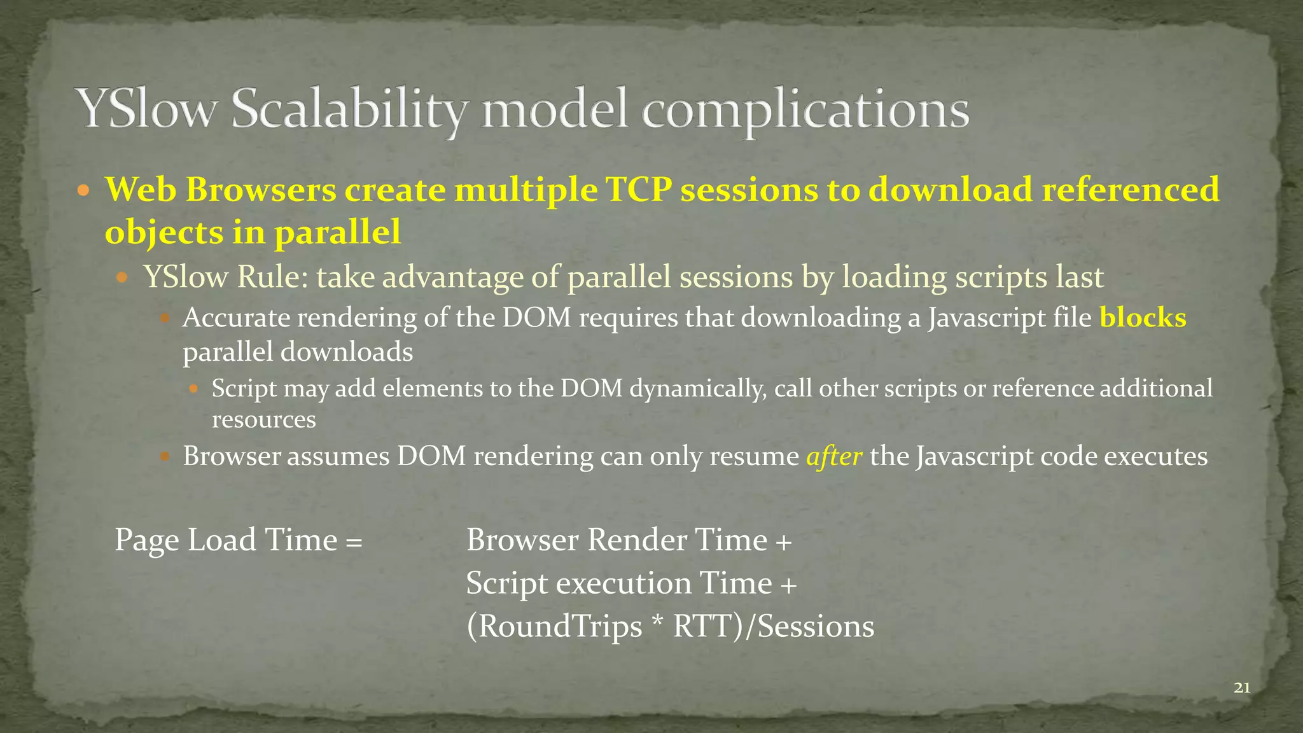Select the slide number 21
tap(1242, 687)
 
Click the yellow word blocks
tap(1143, 318)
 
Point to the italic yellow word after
tap(834, 456)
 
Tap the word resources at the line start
tap(263, 419)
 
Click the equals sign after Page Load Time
tap(354, 541)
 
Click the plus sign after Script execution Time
tap(788, 585)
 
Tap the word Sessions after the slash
tap(816, 627)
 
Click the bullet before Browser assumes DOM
tap(164, 456)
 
